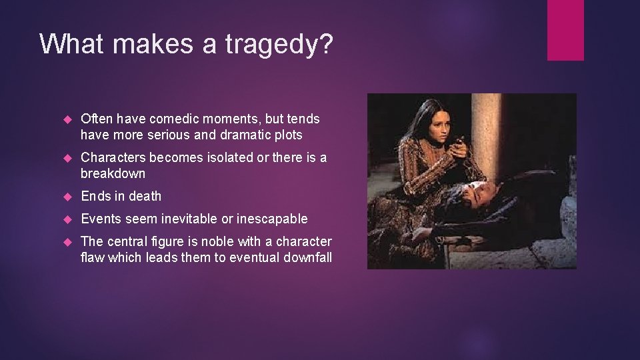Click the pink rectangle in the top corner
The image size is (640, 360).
pyautogui.click(x=565, y=30)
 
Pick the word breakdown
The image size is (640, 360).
pyautogui.click(x=113, y=174)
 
